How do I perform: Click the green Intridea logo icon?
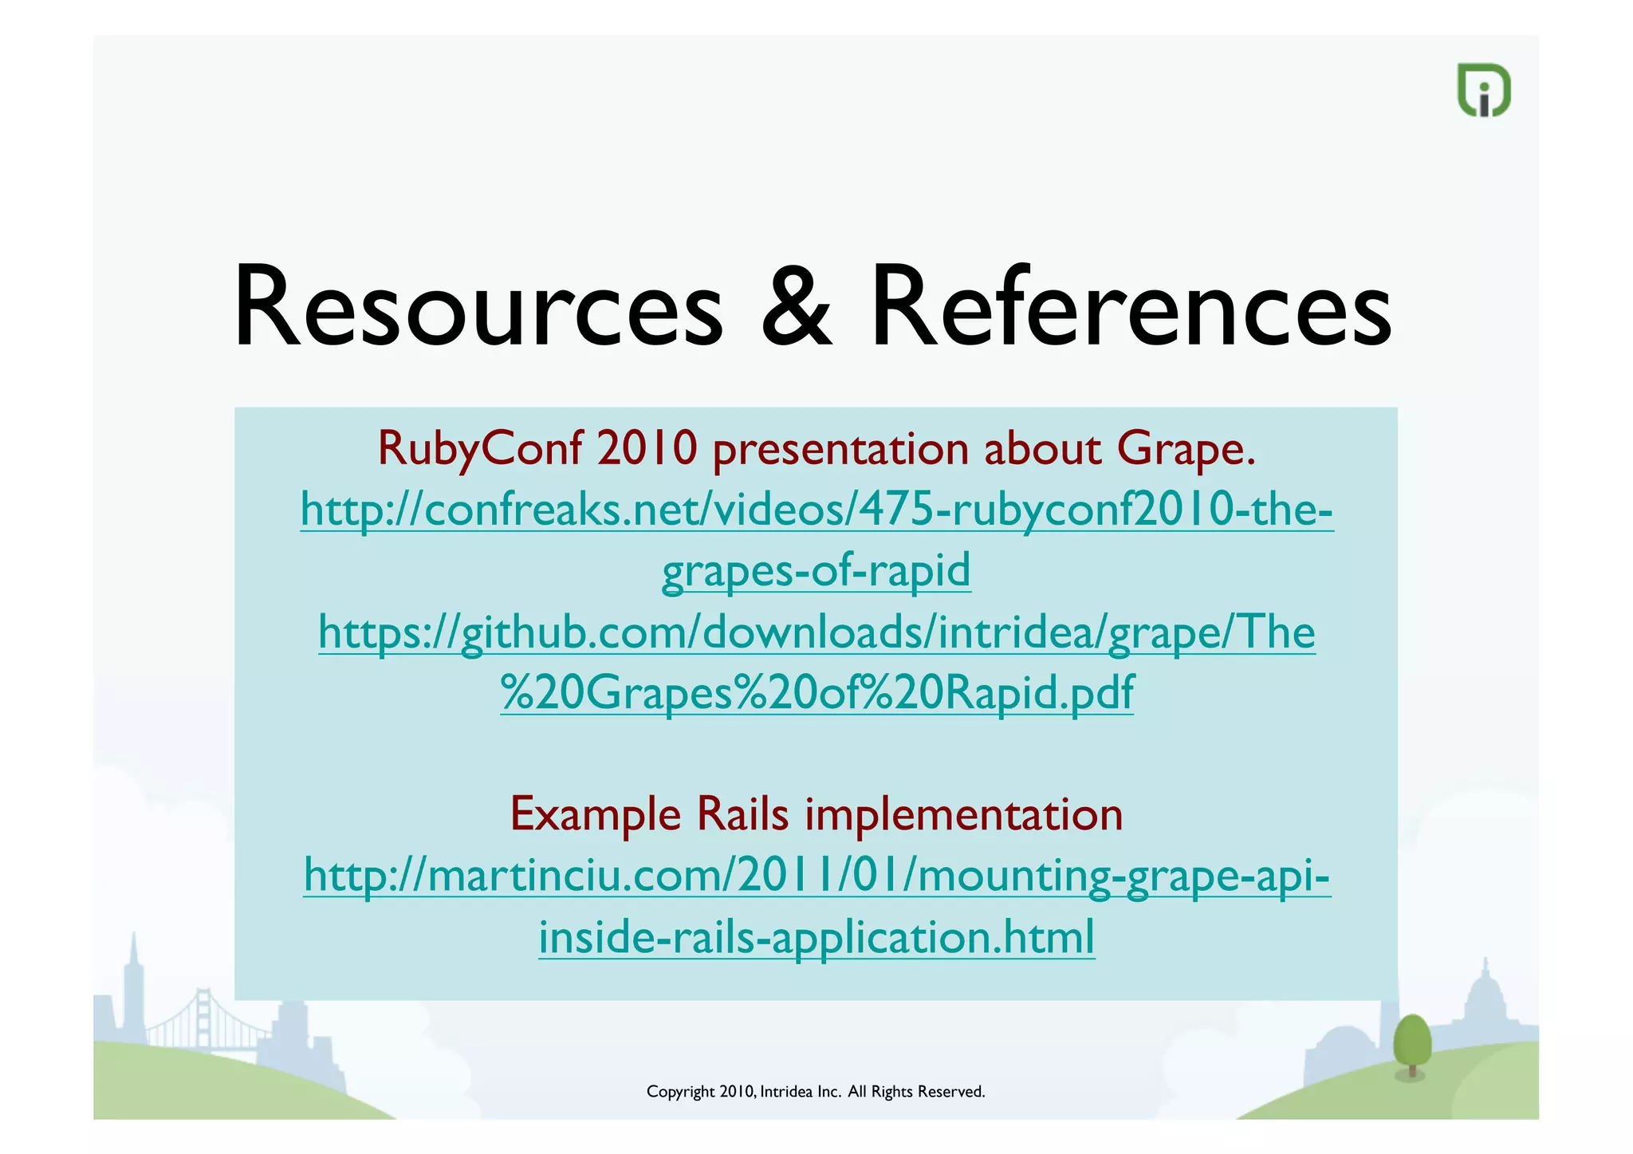[x=1484, y=90]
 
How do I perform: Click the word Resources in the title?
[x=478, y=308]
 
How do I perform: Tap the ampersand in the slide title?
[x=797, y=308]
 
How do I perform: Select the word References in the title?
[x=1131, y=308]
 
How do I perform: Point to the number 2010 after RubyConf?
[x=647, y=449]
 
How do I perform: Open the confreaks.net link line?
[x=816, y=510]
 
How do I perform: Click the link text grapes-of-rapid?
[x=816, y=571]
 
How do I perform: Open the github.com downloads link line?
[x=816, y=632]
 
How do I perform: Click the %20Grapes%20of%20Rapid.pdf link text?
[x=816, y=692]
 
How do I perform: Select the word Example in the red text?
[x=596, y=814]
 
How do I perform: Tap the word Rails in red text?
[x=742, y=814]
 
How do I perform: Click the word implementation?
[x=963, y=814]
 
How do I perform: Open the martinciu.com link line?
[x=816, y=876]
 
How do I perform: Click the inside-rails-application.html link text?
[x=816, y=937]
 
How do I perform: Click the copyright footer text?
[x=816, y=1092]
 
